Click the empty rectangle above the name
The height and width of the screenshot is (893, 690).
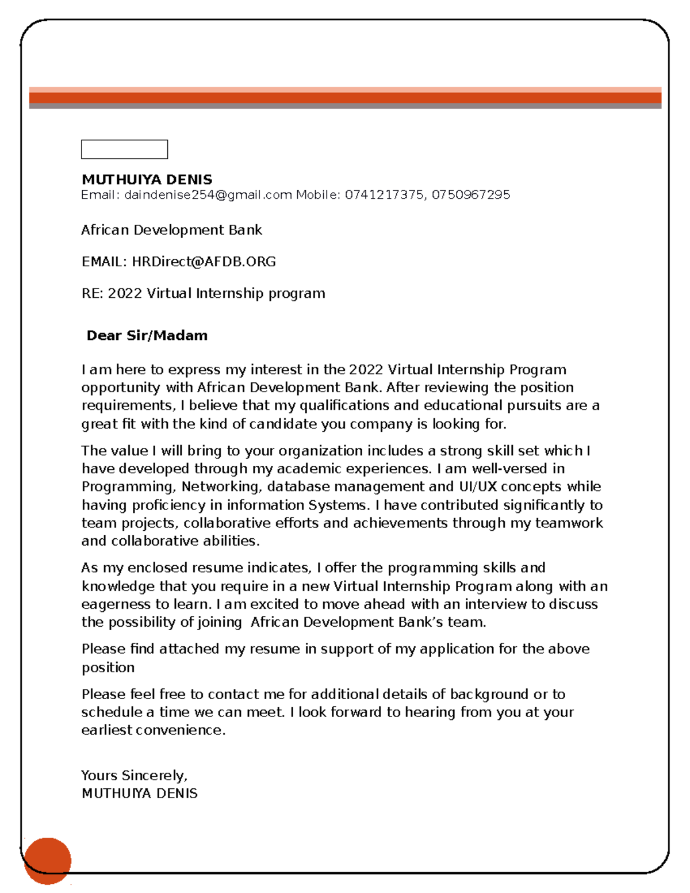(124, 149)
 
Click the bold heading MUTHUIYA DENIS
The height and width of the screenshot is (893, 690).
(147, 179)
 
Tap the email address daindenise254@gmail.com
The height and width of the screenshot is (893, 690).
(208, 195)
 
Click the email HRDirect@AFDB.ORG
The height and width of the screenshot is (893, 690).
(204, 262)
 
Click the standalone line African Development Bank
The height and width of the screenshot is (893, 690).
(171, 230)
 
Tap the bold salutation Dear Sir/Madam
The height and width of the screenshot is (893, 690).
(147, 335)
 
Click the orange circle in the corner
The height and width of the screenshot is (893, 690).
(48, 860)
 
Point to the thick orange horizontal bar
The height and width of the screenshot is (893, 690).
(345, 97)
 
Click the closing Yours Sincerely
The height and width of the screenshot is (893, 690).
(134, 776)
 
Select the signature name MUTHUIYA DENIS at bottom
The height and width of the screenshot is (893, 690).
(139, 794)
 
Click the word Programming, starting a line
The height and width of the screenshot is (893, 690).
(128, 487)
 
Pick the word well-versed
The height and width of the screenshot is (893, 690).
(509, 469)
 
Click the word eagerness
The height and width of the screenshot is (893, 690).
(116, 604)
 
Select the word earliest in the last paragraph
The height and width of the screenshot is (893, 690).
(107, 730)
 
